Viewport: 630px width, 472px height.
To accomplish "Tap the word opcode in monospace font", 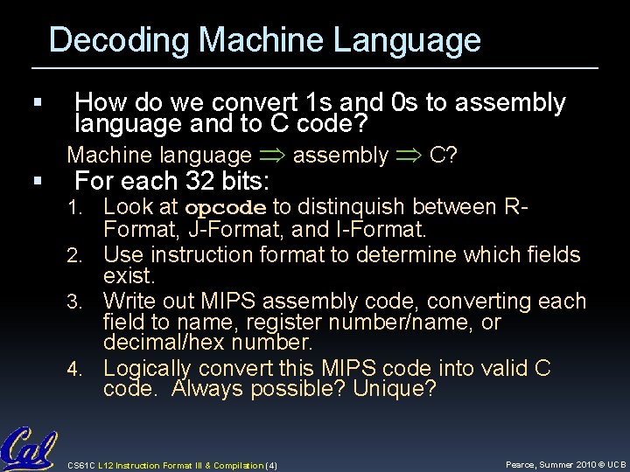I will tap(226, 209).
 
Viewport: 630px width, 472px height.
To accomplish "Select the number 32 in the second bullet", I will tap(200, 183).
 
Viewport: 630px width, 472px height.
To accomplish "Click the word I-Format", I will tap(379, 232).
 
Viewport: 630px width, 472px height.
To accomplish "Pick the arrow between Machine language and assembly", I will tap(272, 156).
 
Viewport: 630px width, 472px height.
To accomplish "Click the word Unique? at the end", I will tap(394, 389).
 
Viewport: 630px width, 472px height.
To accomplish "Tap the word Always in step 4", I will tap(210, 389).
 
